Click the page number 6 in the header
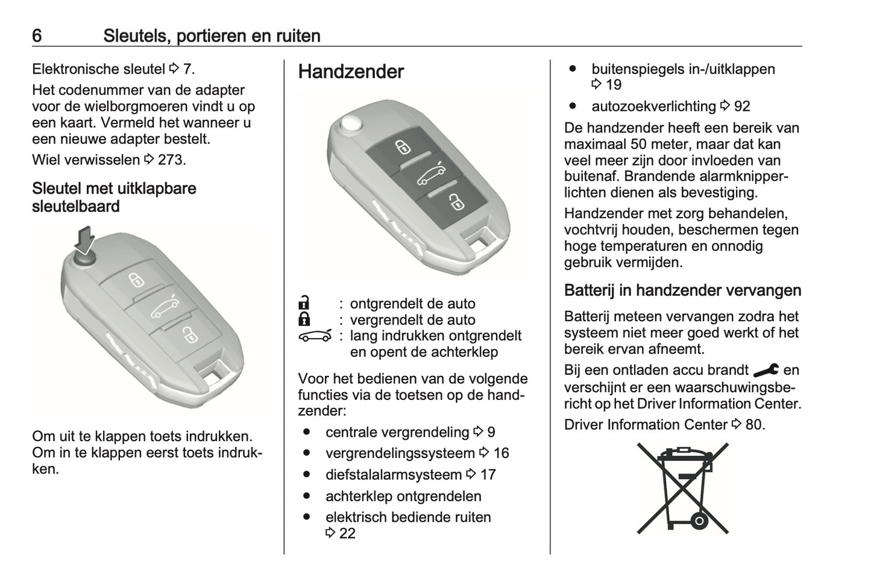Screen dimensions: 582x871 [x=37, y=36]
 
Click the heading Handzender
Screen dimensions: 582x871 [x=351, y=72]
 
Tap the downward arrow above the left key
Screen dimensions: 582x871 [x=85, y=239]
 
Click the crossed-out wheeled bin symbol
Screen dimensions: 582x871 [x=683, y=488]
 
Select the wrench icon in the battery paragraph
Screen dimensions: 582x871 [x=766, y=370]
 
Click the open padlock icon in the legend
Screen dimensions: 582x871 [x=304, y=303]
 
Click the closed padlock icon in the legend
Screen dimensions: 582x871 [x=304, y=319]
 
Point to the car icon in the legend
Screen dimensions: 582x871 [x=315, y=336]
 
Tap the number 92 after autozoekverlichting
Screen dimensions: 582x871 [x=742, y=107]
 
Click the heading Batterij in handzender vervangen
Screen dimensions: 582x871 [x=682, y=290]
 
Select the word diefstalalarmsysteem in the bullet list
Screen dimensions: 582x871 [x=393, y=475]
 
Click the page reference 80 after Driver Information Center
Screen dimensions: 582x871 [x=754, y=425]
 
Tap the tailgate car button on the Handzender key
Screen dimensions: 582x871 [x=431, y=175]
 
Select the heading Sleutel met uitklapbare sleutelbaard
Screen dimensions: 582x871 [x=114, y=197]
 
